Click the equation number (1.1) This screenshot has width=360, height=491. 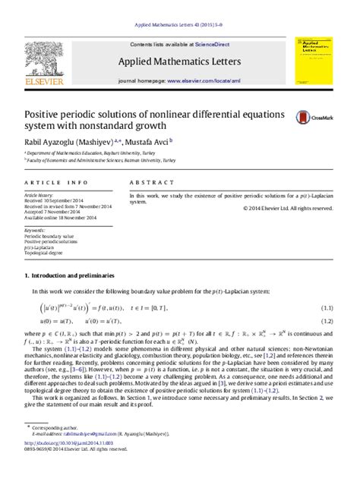pyautogui.click(x=327, y=307)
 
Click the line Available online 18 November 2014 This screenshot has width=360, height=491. pyautogui.click(x=61, y=218)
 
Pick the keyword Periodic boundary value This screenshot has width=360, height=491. pyautogui.click(x=49, y=236)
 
